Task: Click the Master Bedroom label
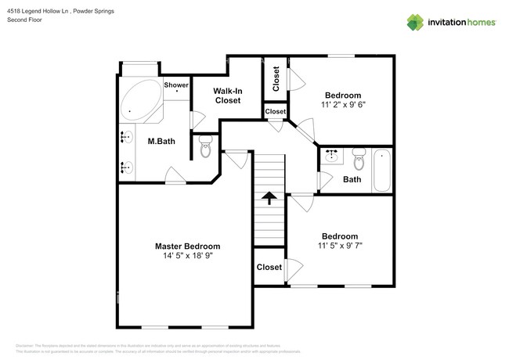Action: (x=186, y=246)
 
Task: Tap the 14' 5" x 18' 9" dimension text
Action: (x=186, y=256)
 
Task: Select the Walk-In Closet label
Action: (x=227, y=95)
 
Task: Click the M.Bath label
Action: (x=161, y=141)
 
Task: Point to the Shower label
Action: (x=176, y=85)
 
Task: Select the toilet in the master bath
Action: (x=205, y=146)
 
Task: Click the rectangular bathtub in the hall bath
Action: (x=381, y=169)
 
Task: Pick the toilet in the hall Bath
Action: (x=359, y=159)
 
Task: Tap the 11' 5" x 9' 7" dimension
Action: (x=340, y=246)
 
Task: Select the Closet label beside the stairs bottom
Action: (x=269, y=268)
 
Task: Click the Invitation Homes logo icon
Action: (x=414, y=22)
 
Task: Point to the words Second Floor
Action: (x=24, y=20)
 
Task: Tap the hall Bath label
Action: (x=352, y=180)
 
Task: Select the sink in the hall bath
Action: (x=331, y=155)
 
